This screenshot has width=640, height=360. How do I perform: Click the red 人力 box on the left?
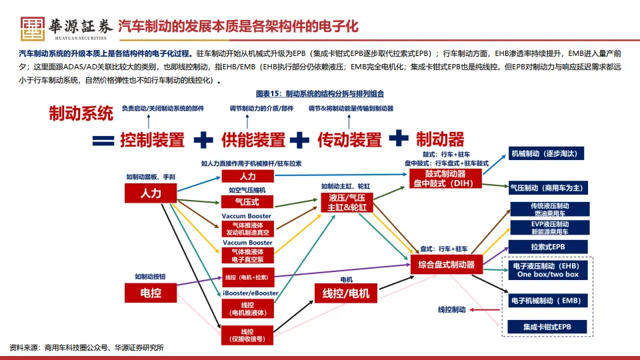pyautogui.click(x=151, y=193)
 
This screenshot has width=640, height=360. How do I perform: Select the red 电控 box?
pyautogui.click(x=151, y=292)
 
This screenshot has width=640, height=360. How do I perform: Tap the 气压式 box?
pyautogui.click(x=247, y=201)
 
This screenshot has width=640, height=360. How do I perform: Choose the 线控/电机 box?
pyautogui.click(x=346, y=293)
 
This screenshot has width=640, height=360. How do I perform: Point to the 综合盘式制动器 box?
pyautogui.click(x=447, y=265)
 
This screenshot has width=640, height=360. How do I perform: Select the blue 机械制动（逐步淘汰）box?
pyautogui.click(x=548, y=153)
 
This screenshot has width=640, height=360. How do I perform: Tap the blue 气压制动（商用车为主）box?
pyautogui.click(x=548, y=187)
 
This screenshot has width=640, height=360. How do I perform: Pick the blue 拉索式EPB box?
pyautogui.click(x=548, y=247)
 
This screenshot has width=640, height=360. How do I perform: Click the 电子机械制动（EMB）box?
pyautogui.click(x=548, y=301)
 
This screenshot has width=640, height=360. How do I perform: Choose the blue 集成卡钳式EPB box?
pyautogui.click(x=548, y=327)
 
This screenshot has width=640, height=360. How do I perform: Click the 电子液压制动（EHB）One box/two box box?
pyautogui.click(x=548, y=270)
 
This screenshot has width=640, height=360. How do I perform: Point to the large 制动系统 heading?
pyautogui.click(x=81, y=114)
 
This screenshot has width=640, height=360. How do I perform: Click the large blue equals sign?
pyautogui.click(x=103, y=140)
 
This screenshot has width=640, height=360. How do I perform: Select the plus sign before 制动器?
pyautogui.click(x=399, y=137)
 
